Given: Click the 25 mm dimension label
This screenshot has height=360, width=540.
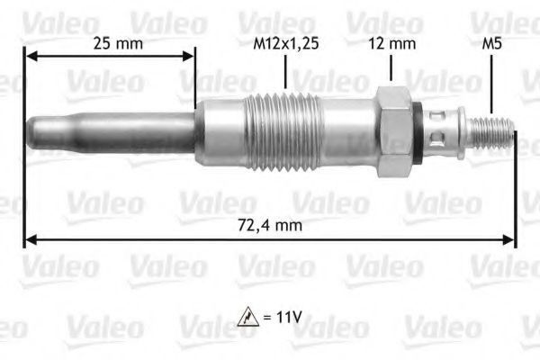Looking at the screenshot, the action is [118, 44].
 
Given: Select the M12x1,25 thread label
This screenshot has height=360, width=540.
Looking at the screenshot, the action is [286, 44].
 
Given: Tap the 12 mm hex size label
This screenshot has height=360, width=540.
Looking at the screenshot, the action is [391, 44].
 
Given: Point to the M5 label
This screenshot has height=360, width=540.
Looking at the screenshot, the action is [491, 44].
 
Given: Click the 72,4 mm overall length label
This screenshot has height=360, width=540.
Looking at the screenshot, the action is [270, 226].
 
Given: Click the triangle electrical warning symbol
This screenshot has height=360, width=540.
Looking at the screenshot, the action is [248, 317].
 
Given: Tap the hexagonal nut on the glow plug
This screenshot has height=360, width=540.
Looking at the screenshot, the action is [395, 132].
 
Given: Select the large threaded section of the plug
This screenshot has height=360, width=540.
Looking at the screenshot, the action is [283, 132].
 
